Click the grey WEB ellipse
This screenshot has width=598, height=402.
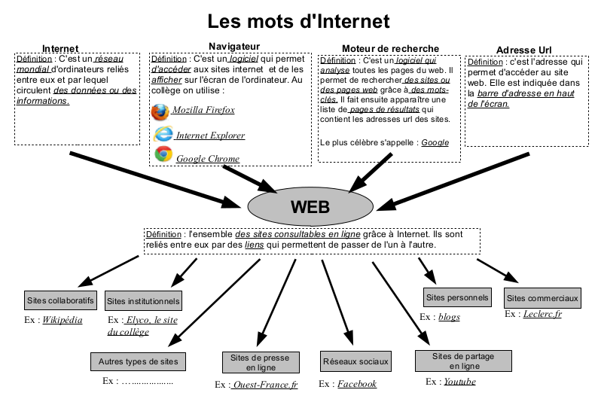click(310, 205)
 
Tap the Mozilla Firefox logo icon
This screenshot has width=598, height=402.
click(160, 111)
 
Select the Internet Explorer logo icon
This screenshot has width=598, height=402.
click(163, 135)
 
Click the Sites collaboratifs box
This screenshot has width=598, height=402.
click(60, 300)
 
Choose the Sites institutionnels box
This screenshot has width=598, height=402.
click(143, 301)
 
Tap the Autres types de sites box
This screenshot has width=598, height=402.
click(138, 361)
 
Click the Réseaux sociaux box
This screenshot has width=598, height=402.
click(355, 361)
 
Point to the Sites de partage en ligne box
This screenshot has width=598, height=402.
click(464, 361)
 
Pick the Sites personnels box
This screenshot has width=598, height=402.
click(456, 297)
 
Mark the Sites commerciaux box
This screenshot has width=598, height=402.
click(542, 298)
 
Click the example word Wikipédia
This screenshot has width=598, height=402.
click(63, 319)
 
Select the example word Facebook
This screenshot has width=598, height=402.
click(356, 384)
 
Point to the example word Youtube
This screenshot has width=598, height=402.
click(459, 382)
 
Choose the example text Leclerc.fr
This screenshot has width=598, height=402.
click(542, 314)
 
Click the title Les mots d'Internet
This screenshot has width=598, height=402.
click(299, 20)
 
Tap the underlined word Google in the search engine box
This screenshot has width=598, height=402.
click(435, 142)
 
